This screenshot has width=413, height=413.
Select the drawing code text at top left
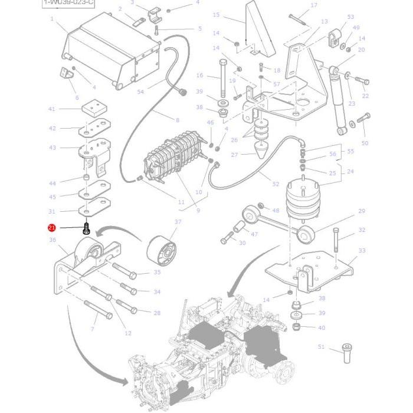(x=68, y=3)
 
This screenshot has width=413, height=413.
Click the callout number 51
(x=321, y=348)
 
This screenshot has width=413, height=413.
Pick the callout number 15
(x=215, y=15)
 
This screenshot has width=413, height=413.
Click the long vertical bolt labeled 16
(x=223, y=78)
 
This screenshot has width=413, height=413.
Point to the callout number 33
(x=362, y=251)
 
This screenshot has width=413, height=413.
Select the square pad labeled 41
(x=51, y=109)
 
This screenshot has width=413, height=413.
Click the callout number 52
(x=276, y=185)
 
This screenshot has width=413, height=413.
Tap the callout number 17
(x=313, y=6)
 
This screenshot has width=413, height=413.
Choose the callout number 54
(x=140, y=92)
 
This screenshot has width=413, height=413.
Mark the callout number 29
(x=362, y=211)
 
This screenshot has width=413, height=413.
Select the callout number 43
(x=52, y=147)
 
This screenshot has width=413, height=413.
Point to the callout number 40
(x=322, y=327)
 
